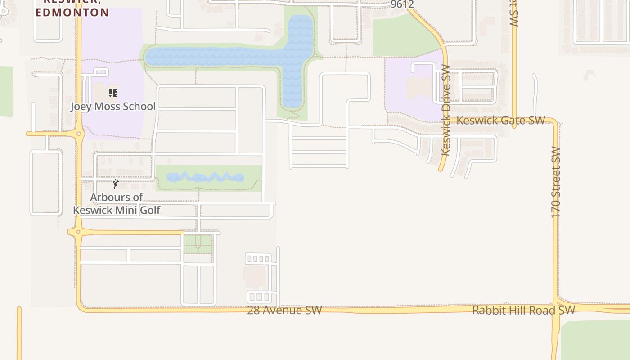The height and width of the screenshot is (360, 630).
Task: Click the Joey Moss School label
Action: (113, 107)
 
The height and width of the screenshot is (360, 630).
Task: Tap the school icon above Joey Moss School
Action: (113, 93)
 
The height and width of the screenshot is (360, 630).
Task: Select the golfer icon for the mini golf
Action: (116, 184)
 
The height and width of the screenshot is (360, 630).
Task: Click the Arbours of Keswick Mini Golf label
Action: (117, 204)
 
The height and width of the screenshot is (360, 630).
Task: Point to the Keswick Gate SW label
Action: (501, 120)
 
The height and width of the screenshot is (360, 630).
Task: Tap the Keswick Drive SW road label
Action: (445, 110)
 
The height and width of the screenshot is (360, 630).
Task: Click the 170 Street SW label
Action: (556, 182)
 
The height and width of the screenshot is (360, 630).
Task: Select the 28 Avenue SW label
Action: (284, 310)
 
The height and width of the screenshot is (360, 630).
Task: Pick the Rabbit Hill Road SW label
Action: (524, 310)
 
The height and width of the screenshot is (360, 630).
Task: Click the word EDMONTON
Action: (72, 13)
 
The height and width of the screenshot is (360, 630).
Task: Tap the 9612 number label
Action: (402, 4)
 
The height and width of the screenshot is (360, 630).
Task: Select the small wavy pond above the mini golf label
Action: (205, 177)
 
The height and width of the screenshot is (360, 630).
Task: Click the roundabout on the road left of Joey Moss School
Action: (79, 134)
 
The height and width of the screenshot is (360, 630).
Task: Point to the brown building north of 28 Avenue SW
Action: (255, 276)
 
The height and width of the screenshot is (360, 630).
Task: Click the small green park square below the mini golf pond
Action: (198, 244)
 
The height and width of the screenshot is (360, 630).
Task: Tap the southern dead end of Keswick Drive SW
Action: (441, 169)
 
